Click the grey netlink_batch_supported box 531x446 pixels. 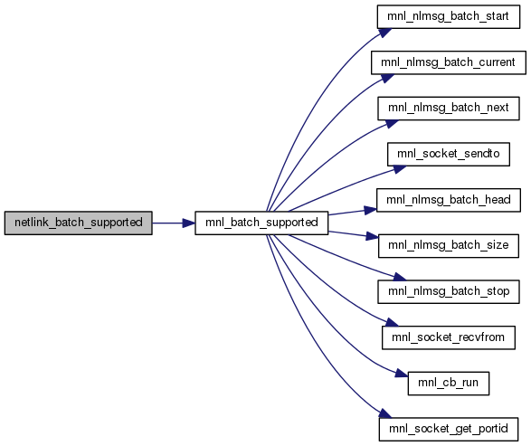[x=78, y=223]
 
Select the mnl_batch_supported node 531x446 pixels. [x=261, y=223]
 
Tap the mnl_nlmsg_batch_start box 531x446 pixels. [x=449, y=16]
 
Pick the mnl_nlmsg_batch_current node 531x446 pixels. [x=449, y=62]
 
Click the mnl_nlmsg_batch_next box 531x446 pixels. [x=449, y=109]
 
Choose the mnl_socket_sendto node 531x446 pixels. [x=449, y=154]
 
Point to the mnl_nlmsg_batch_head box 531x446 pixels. [x=449, y=200]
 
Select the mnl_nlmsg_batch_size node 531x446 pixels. [x=449, y=246]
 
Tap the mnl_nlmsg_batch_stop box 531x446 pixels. [x=449, y=291]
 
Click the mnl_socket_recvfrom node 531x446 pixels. [x=449, y=337]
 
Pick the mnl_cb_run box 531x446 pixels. [x=449, y=384]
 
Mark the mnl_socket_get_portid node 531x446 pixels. [x=449, y=429]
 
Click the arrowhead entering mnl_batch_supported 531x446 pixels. [x=189, y=223]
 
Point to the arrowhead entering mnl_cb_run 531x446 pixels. [x=402, y=374]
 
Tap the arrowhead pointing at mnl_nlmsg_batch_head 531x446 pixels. [x=371, y=210]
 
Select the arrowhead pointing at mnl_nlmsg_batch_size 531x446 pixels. [x=372, y=236]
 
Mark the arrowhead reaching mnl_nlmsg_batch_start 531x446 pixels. [x=385, y=33]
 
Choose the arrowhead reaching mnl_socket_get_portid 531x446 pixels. [x=385, y=413]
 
